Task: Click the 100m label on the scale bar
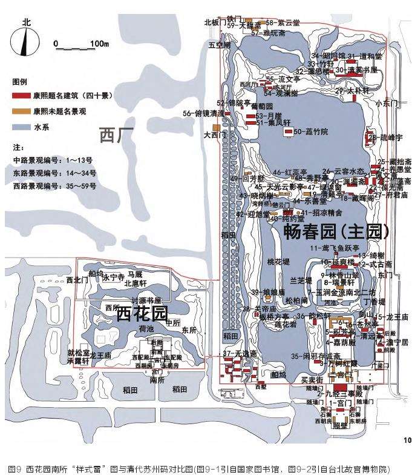[98, 44]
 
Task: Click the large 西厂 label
[116, 135]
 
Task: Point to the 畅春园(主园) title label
[337, 231]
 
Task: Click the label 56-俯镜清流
[203, 113]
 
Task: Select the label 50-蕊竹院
[310, 131]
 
